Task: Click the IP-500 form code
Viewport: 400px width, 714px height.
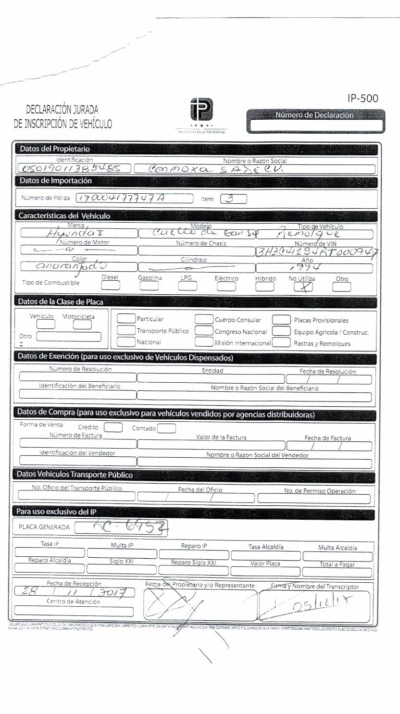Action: pyautogui.click(x=362, y=99)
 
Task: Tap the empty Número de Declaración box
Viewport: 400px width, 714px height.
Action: pyautogui.click(x=315, y=125)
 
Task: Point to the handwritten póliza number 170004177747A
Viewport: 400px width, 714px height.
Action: pyautogui.click(x=133, y=198)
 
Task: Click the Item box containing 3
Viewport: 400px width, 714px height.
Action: pyautogui.click(x=233, y=199)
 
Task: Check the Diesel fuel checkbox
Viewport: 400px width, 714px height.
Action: pyautogui.click(x=111, y=286)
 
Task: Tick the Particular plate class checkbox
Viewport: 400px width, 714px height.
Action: pyautogui.click(x=126, y=319)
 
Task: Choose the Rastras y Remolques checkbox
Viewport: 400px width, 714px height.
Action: pyautogui.click(x=282, y=343)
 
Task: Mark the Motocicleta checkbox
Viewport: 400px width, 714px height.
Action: pyautogui.click(x=82, y=325)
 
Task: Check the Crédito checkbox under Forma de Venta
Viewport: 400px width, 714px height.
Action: pyautogui.click(x=113, y=427)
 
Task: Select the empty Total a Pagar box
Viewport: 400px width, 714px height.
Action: pyautogui.click(x=337, y=571)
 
